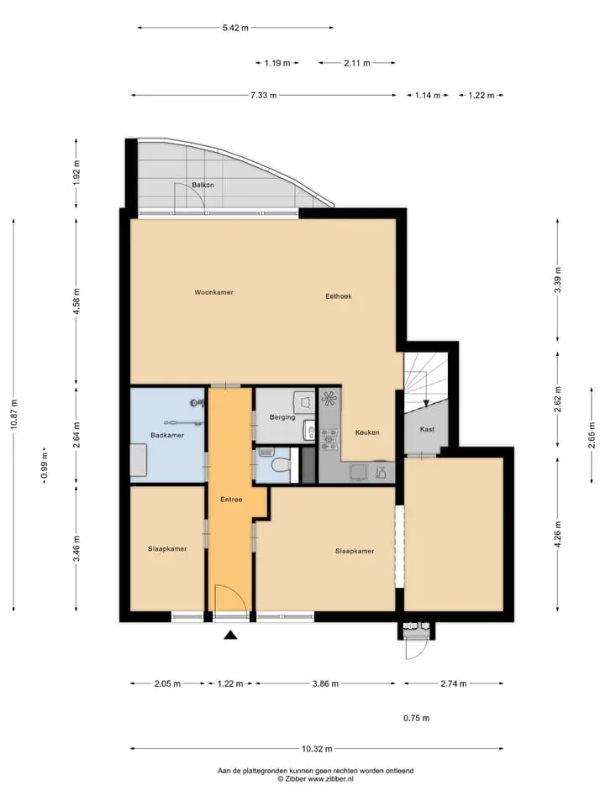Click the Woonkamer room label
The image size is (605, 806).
[x=214, y=292]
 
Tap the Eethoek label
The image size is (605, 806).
[x=339, y=296]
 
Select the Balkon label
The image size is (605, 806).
[x=203, y=185]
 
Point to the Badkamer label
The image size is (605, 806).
[x=167, y=436]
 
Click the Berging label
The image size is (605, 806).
[x=282, y=417]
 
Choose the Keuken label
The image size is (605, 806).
[x=367, y=433]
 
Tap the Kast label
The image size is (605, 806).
[x=427, y=429]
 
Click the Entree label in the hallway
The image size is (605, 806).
[x=231, y=500]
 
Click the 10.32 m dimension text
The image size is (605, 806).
[x=317, y=749]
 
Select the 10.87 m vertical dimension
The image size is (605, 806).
[x=14, y=414]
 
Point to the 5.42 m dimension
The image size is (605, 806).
[x=235, y=29]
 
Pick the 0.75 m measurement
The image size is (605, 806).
[x=416, y=718]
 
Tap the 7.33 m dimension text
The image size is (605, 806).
[x=263, y=95]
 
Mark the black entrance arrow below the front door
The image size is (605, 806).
[x=230, y=636]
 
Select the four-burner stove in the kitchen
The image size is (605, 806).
[x=329, y=437]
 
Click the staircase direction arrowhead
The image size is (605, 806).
[x=426, y=403]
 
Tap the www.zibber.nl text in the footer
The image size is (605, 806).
[x=330, y=779]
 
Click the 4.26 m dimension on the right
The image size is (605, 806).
[x=558, y=535]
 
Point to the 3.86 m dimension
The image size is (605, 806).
[x=326, y=683]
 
